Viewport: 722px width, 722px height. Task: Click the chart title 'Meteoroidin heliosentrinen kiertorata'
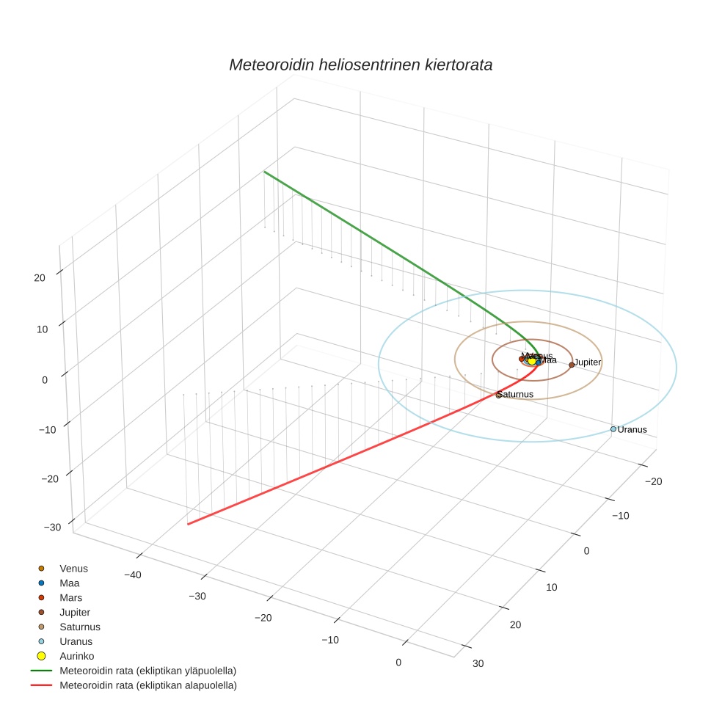(x=360, y=65)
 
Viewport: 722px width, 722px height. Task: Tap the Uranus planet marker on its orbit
(x=613, y=429)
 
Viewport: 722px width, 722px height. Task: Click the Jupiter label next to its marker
(x=588, y=362)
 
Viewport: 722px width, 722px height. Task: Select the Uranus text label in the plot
(x=632, y=429)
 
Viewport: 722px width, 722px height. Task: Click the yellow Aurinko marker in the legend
(x=42, y=656)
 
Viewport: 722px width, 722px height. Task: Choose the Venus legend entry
(x=73, y=568)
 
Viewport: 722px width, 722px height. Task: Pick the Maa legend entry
(x=69, y=583)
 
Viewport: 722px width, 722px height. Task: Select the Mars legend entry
(x=70, y=597)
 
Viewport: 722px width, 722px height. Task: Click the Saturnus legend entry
(x=79, y=627)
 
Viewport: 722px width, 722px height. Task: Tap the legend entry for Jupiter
(x=75, y=612)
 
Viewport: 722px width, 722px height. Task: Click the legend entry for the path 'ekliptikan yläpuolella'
(x=147, y=671)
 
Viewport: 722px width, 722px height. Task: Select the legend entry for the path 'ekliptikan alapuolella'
(x=147, y=685)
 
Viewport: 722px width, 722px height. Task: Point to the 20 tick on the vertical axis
(x=39, y=277)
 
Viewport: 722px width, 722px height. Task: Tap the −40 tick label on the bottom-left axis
(x=132, y=575)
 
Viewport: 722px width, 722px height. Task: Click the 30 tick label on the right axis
(x=478, y=663)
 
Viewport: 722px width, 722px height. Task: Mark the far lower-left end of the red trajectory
(x=189, y=524)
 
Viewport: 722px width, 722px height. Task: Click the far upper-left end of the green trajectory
(x=264, y=172)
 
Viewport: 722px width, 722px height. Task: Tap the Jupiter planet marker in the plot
(x=572, y=365)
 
